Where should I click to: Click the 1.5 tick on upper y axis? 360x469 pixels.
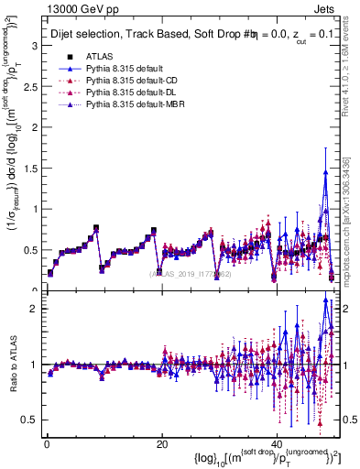coord(27,168)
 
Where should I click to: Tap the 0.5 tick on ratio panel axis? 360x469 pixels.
coord(27,420)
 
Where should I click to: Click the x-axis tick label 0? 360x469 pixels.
coord(45,443)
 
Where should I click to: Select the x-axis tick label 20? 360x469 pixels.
coord(161,443)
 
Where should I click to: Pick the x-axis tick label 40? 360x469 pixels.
coord(278,443)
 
